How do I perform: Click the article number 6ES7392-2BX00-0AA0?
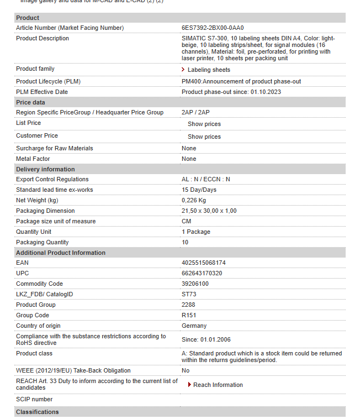(x=213, y=28)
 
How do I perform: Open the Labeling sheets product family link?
(x=209, y=70)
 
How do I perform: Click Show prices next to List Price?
(x=204, y=124)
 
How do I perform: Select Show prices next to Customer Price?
(x=204, y=137)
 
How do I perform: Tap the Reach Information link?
(x=218, y=385)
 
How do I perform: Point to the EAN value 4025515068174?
(x=203, y=263)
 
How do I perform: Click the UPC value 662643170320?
(x=202, y=274)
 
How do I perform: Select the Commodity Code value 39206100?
(x=195, y=284)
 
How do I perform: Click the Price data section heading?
(x=31, y=102)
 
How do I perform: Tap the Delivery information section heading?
(x=45, y=169)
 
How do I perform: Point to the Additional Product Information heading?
(x=61, y=253)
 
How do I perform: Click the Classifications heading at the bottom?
(x=37, y=412)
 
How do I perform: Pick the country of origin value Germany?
(x=194, y=326)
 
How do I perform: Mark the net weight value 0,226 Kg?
(x=194, y=200)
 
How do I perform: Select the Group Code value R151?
(x=189, y=316)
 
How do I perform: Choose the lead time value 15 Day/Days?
(x=199, y=190)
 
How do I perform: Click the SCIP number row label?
(x=34, y=399)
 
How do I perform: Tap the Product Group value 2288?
(x=188, y=305)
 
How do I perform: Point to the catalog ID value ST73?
(x=189, y=295)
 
